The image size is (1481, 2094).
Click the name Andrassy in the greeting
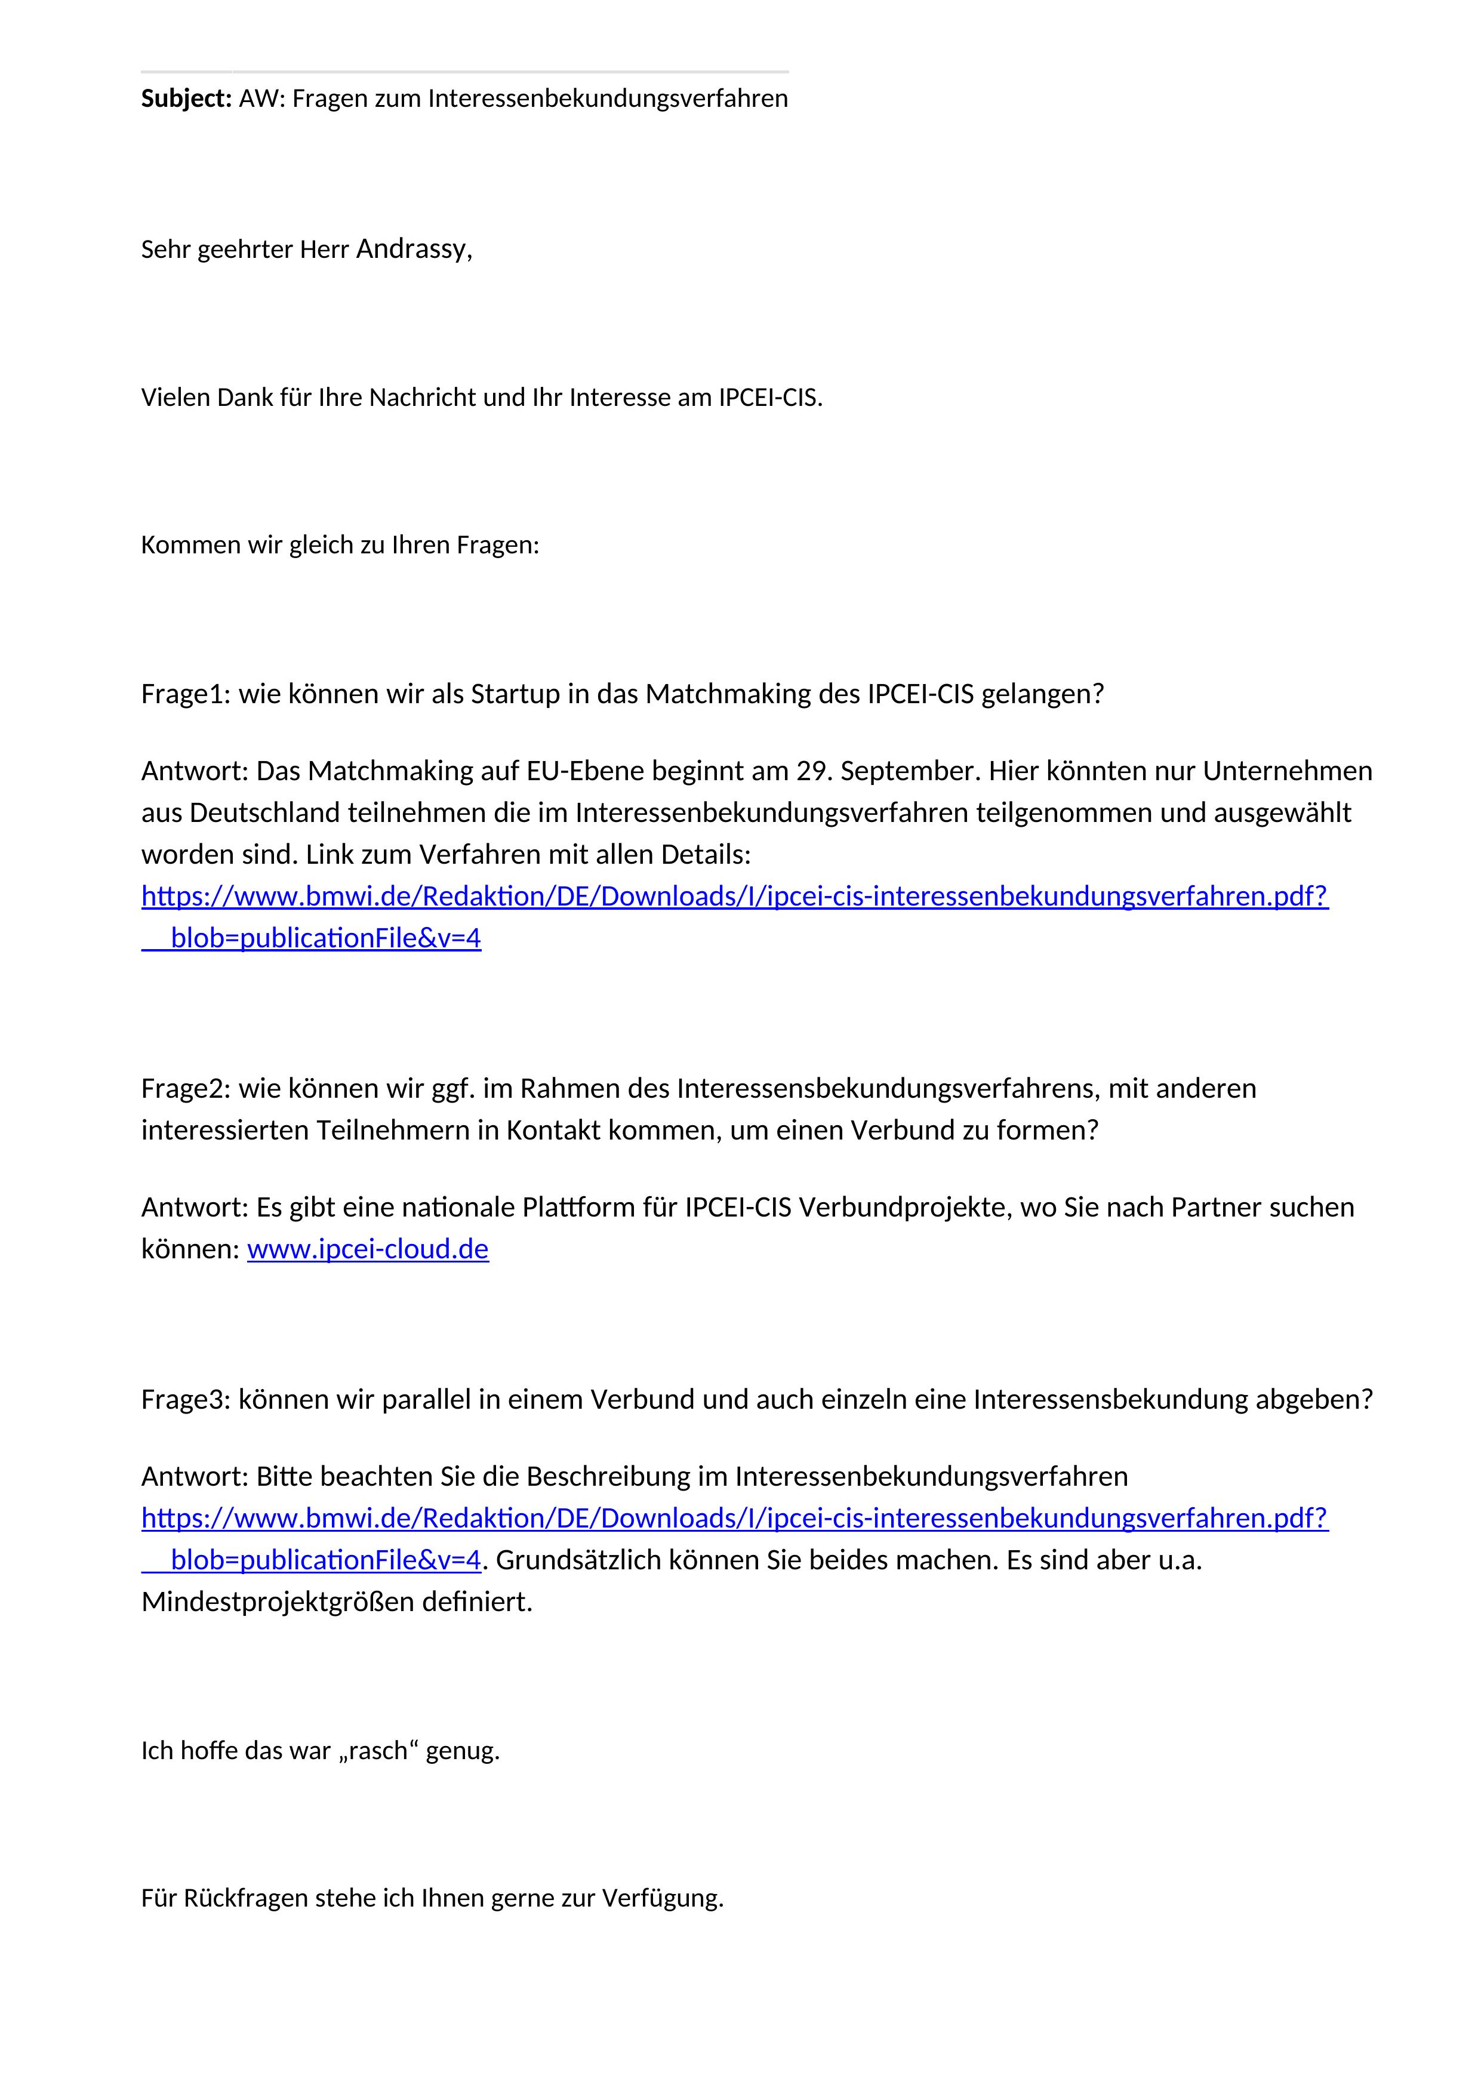pos(412,249)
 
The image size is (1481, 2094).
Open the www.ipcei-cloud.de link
pos(368,1249)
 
